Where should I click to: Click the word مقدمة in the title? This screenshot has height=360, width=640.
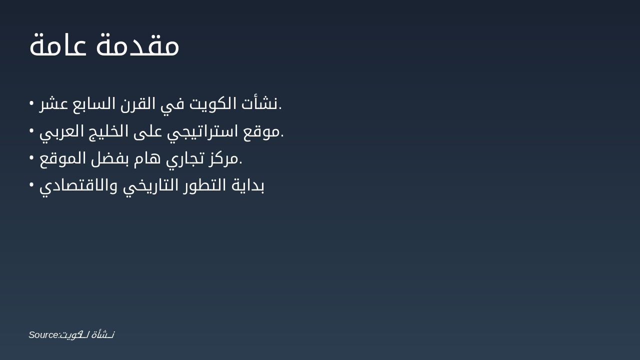coord(138,45)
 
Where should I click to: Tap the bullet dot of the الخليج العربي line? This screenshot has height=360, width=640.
coord(31,130)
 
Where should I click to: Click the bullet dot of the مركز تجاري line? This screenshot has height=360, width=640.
coord(31,157)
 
